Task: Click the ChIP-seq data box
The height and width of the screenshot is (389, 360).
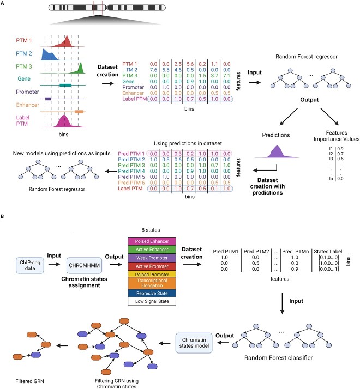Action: (30, 265)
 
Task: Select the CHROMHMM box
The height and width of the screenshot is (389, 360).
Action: (84, 265)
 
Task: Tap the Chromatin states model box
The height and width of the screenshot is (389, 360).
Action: (194, 343)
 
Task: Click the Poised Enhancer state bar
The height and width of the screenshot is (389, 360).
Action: (152, 241)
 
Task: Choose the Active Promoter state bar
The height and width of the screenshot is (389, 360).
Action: (152, 266)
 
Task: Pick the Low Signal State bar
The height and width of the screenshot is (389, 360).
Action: (152, 301)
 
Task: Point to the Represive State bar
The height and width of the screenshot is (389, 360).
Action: (152, 293)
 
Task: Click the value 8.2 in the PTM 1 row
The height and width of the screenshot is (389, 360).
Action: (202, 64)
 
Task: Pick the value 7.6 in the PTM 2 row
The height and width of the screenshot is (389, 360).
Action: (153, 70)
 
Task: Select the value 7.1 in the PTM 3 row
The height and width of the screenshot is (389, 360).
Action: (226, 75)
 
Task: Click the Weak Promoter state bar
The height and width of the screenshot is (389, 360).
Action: (152, 258)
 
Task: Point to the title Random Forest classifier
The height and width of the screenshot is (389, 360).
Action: (279, 358)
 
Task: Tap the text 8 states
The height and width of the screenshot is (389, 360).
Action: (151, 230)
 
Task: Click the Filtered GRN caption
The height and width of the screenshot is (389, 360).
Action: (29, 381)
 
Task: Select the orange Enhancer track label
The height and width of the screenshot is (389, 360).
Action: (28, 105)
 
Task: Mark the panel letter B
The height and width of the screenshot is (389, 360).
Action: (2, 216)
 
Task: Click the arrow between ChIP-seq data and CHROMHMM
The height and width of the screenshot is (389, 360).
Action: (55, 264)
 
